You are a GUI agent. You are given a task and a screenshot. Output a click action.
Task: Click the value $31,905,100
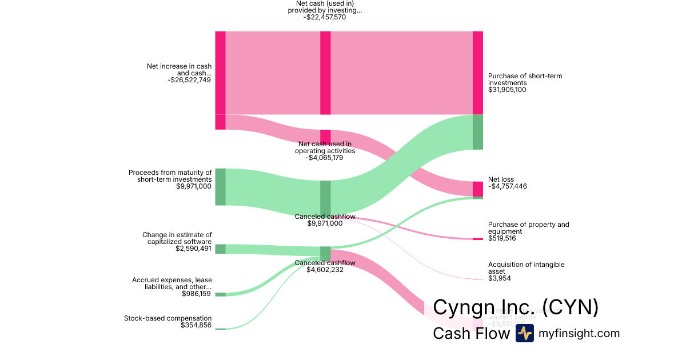click(x=507, y=90)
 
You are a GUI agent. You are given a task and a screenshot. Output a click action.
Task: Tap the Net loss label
click(x=501, y=179)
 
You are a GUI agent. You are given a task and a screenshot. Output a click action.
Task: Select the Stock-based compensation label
click(x=167, y=318)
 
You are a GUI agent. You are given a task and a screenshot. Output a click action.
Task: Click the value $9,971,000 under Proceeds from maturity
click(x=194, y=186)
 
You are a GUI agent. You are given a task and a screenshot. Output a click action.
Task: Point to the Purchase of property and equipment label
click(x=528, y=228)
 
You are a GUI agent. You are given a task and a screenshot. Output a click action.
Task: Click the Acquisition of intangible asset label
click(x=526, y=268)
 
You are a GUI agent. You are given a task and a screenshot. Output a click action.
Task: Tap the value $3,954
click(x=499, y=278)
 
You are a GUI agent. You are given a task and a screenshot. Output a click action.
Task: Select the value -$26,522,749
click(x=189, y=80)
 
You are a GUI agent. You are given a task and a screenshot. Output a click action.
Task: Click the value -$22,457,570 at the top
click(x=325, y=17)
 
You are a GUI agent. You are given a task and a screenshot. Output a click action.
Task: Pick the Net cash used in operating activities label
click(x=325, y=147)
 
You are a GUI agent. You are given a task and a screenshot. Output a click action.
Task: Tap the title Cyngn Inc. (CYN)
click(x=516, y=307)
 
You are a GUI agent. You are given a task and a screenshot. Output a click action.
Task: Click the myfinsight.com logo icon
click(x=524, y=333)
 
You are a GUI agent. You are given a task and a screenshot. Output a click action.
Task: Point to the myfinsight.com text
click(x=579, y=333)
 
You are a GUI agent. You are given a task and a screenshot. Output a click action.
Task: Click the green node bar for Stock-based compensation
click(x=220, y=329)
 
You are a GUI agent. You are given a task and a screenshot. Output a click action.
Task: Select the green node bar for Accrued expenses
click(x=220, y=294)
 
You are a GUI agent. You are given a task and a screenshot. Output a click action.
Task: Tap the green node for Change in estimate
click(x=220, y=249)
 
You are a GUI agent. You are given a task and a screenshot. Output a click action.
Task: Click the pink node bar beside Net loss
click(x=478, y=189)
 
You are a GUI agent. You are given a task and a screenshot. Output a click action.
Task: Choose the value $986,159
click(x=196, y=294)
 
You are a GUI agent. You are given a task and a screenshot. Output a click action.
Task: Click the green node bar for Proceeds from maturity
click(x=220, y=187)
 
